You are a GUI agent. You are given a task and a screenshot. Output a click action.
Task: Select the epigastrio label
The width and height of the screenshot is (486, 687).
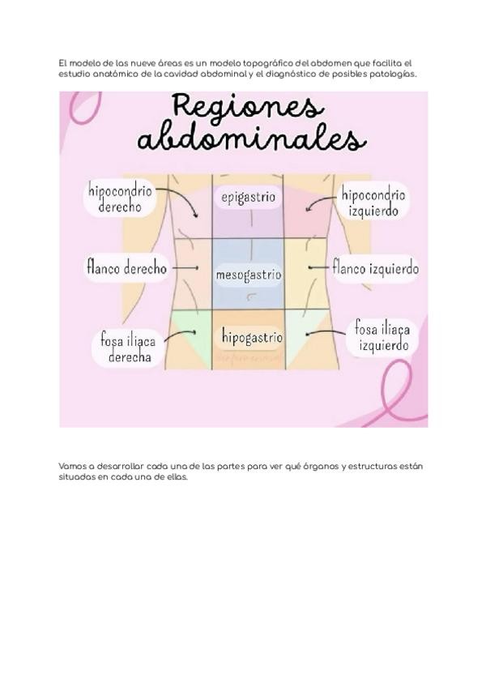248,197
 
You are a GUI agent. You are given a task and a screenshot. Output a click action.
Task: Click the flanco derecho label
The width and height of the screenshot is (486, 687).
127,267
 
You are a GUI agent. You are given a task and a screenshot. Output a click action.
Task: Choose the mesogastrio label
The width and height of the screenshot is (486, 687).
248,275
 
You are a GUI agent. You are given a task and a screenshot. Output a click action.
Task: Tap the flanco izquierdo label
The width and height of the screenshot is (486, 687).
376,267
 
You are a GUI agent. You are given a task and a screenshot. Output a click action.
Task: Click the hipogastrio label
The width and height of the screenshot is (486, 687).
249,336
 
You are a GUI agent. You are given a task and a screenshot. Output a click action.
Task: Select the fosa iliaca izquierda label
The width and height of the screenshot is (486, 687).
380,337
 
